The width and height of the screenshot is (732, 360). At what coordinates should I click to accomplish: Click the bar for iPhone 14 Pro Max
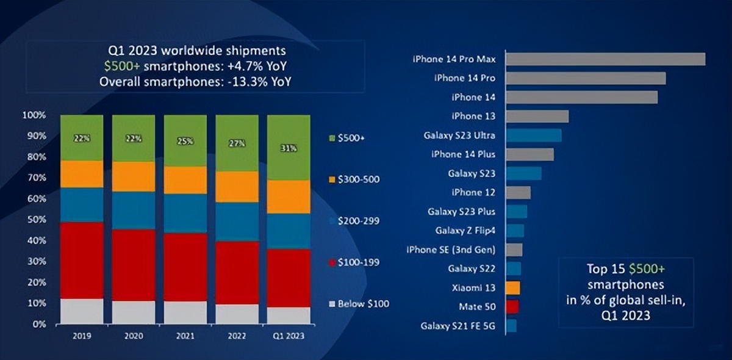click(605, 59)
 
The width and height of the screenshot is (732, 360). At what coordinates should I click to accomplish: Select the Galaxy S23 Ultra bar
click(534, 135)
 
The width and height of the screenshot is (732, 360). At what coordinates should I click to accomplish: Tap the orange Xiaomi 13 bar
click(513, 287)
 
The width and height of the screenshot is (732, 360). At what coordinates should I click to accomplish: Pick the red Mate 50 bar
click(512, 306)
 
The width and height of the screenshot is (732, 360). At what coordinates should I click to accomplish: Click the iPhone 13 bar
click(537, 116)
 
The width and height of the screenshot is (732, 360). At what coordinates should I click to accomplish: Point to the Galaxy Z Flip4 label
click(465, 231)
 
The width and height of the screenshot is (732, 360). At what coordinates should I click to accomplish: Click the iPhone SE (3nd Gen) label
click(451, 250)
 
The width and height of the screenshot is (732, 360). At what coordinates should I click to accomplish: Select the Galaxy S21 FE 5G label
click(458, 326)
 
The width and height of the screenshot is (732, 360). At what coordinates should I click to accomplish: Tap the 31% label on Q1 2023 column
click(289, 148)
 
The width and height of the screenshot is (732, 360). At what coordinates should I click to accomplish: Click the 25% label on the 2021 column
click(185, 141)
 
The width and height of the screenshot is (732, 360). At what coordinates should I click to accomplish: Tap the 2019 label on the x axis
click(82, 336)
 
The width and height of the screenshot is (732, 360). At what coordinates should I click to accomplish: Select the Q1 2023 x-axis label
click(289, 336)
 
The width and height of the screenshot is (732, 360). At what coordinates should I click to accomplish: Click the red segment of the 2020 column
click(134, 265)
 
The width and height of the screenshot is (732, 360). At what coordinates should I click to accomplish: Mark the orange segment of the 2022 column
click(237, 187)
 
